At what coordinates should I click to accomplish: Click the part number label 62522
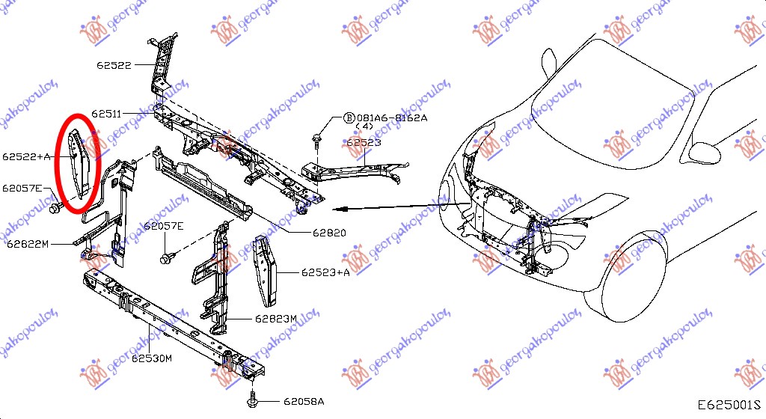point(114,65)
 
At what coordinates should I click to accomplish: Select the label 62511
point(109,114)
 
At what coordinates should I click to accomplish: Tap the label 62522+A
point(26,157)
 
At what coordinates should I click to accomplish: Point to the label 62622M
point(28,244)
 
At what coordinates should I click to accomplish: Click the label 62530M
point(153,358)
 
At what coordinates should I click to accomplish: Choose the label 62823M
point(275,319)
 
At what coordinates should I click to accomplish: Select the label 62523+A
point(326,273)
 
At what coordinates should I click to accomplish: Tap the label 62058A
point(304,402)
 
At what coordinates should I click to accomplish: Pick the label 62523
point(364,141)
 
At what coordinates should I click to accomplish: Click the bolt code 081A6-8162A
point(392,118)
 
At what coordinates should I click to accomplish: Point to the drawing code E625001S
point(729,405)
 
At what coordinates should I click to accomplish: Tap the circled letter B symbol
point(349,118)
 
